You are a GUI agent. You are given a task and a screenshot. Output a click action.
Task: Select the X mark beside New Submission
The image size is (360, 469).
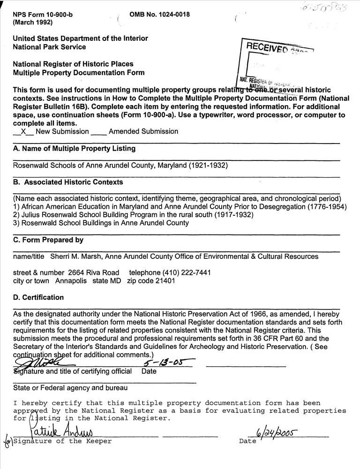tap(23, 132)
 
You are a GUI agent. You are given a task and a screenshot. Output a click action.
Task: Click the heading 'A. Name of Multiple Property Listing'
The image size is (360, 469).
tap(74, 149)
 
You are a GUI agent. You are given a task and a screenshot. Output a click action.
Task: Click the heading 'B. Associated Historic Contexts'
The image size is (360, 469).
tap(68, 182)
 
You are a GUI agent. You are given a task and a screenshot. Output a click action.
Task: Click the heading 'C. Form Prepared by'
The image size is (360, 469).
tap(48, 240)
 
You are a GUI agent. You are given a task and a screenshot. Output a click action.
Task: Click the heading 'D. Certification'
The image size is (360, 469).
tap(38, 297)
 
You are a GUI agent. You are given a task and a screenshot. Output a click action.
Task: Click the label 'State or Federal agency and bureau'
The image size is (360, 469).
tap(70, 388)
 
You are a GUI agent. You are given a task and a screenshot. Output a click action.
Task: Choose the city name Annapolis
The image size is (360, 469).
tap(71, 281)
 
